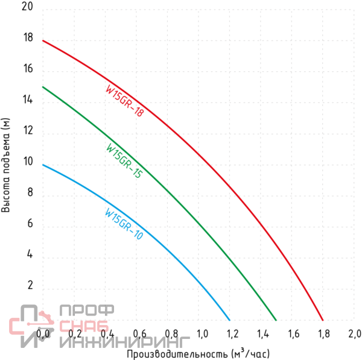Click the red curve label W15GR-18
coord(124,99)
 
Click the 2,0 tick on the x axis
coord(354,333)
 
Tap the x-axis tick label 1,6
coord(294,333)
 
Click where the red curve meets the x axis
coord(323,320)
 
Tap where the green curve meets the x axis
coord(276,320)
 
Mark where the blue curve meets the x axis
coord(230,320)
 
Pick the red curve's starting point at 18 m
coord(43,40)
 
